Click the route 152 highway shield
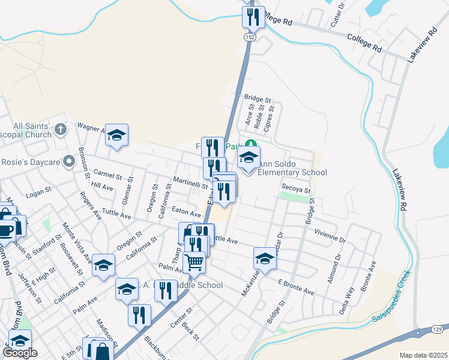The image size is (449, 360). [249, 37]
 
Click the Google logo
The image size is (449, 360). [20, 353]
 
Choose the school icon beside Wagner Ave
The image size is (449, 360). [117, 136]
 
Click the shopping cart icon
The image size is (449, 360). [194, 261]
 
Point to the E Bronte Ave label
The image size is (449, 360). [296, 287]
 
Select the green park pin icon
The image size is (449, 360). [252, 145]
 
